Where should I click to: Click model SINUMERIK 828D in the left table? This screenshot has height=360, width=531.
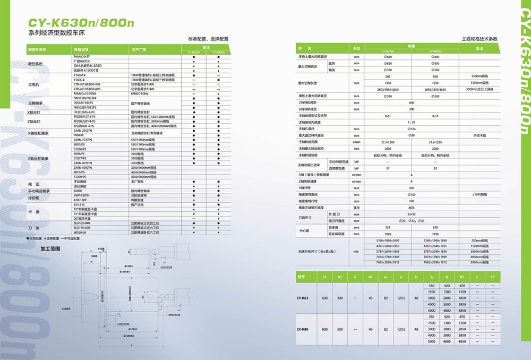coord(87,64)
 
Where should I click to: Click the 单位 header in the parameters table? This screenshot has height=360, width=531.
coord(357,48)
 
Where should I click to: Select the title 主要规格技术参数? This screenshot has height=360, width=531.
coord(480,39)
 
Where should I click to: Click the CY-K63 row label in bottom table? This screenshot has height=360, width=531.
coord(303,298)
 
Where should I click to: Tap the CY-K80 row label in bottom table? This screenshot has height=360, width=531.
coord(303,330)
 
